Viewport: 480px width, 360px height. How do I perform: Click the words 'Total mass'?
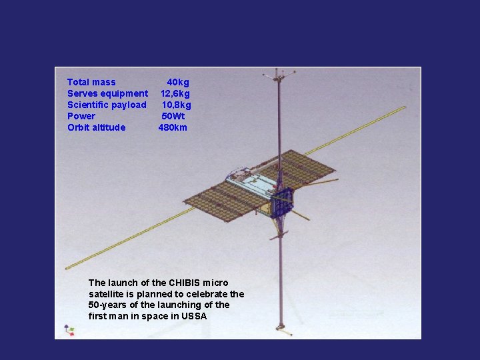pos(91,82)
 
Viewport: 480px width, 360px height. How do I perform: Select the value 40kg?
pos(178,82)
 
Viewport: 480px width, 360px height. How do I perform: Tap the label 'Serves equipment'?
pos(107,93)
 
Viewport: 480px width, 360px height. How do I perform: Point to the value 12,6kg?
pos(175,93)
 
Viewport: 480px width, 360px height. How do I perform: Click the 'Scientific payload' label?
pos(107,105)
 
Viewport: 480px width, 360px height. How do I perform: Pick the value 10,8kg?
pos(176,105)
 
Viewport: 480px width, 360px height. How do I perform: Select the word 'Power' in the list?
pos(81,116)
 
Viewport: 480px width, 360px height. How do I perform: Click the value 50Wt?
pos(173,116)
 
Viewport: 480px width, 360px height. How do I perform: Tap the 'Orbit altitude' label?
pos(96,127)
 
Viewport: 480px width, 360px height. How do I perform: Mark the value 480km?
pos(173,127)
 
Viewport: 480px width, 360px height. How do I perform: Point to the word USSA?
pos(193,316)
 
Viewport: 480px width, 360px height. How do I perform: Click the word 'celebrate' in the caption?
pos(209,294)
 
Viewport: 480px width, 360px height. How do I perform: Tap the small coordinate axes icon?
pos(68,329)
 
